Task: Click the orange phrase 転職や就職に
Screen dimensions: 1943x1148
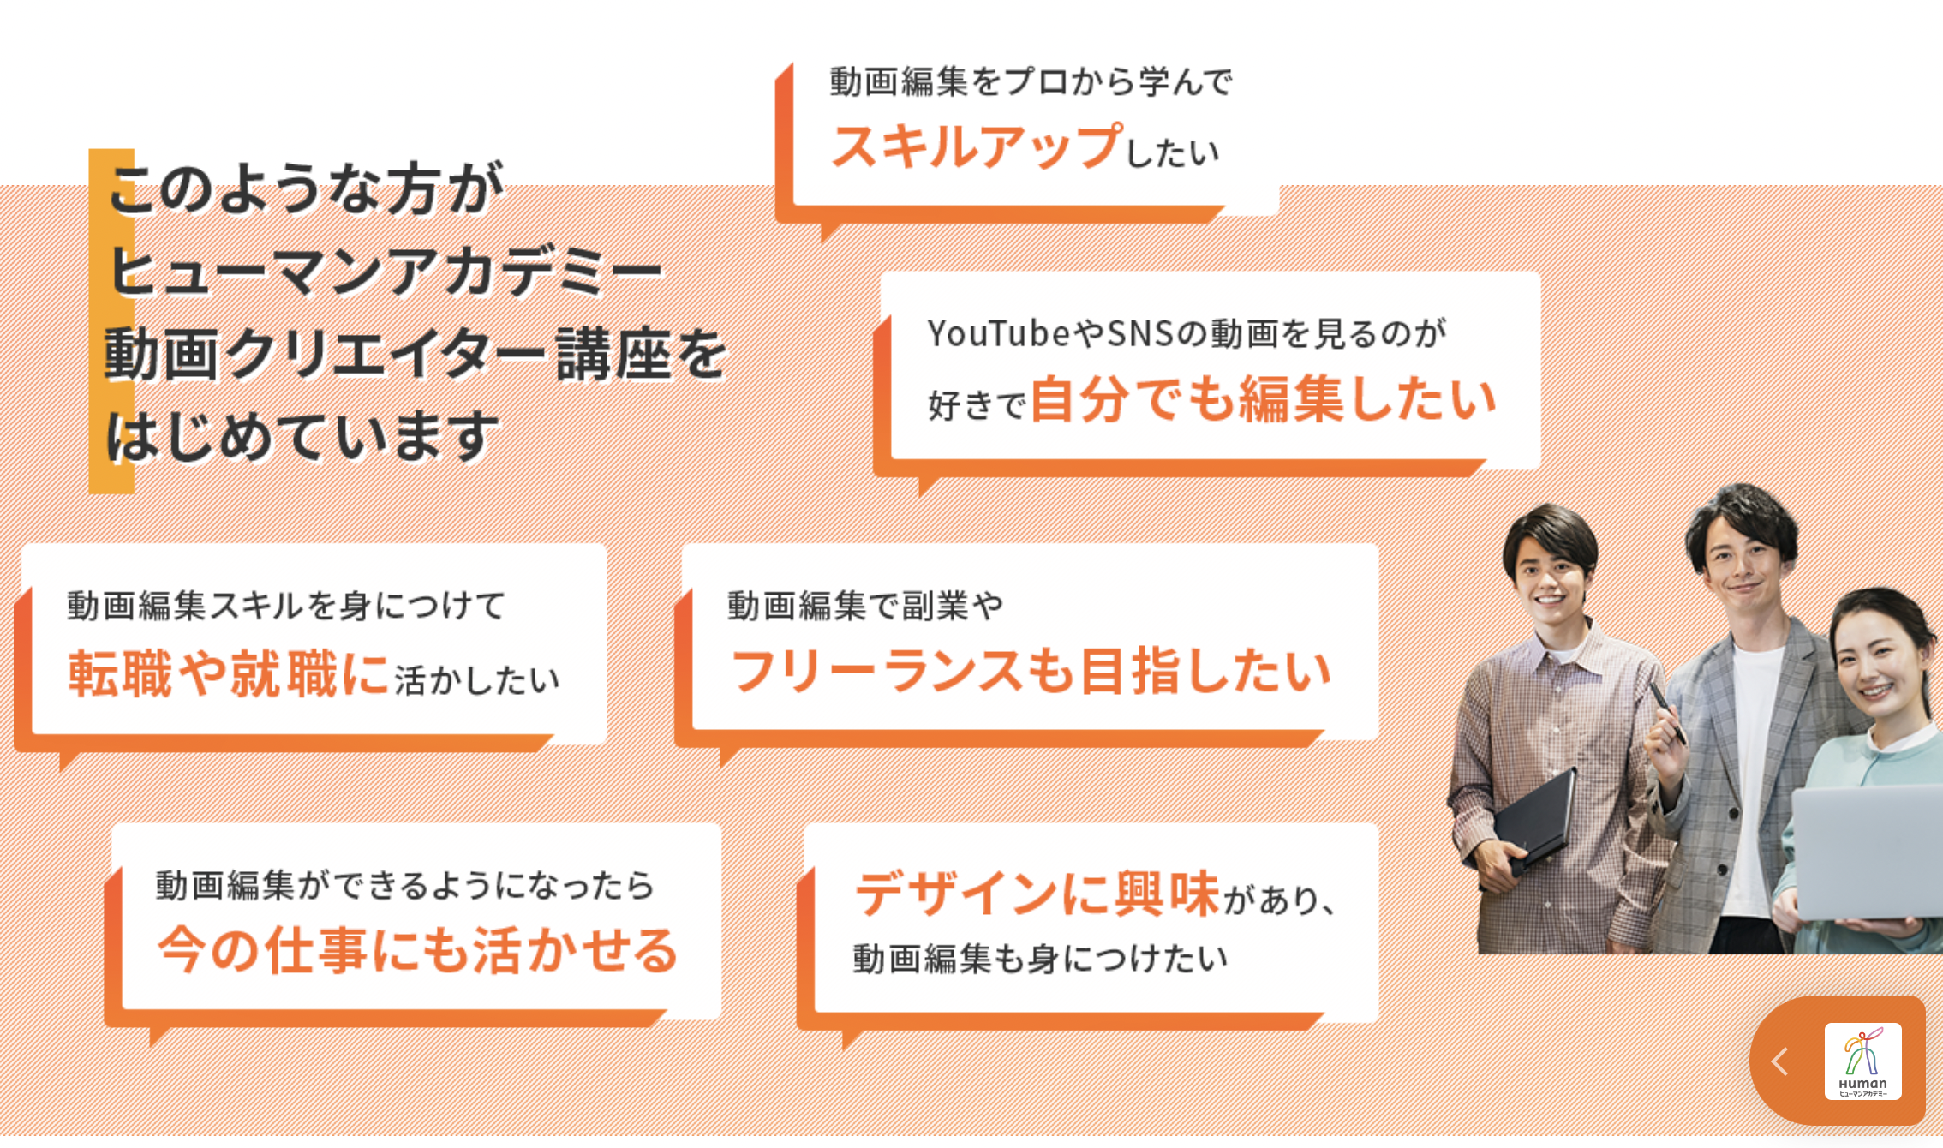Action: [x=229, y=673]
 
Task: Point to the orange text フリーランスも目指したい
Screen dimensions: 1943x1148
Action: [x=1031, y=670]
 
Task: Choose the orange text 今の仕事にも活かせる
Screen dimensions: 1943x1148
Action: [x=418, y=950]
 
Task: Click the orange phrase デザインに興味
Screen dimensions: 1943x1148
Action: [x=1037, y=894]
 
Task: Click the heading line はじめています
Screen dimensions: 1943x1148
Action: [x=302, y=435]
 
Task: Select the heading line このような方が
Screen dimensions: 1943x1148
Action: [x=306, y=188]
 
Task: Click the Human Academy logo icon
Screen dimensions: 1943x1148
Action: [x=1862, y=1061]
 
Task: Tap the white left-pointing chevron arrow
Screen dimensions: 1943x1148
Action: [x=1779, y=1061]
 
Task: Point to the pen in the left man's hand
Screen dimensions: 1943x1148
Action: [x=1667, y=712]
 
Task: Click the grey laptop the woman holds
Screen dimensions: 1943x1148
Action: [x=1868, y=852]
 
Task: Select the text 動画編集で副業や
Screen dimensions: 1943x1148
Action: [x=865, y=606]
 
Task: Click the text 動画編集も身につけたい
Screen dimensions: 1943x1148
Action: [x=1041, y=959]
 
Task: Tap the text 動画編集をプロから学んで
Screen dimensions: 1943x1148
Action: [x=1031, y=81]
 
